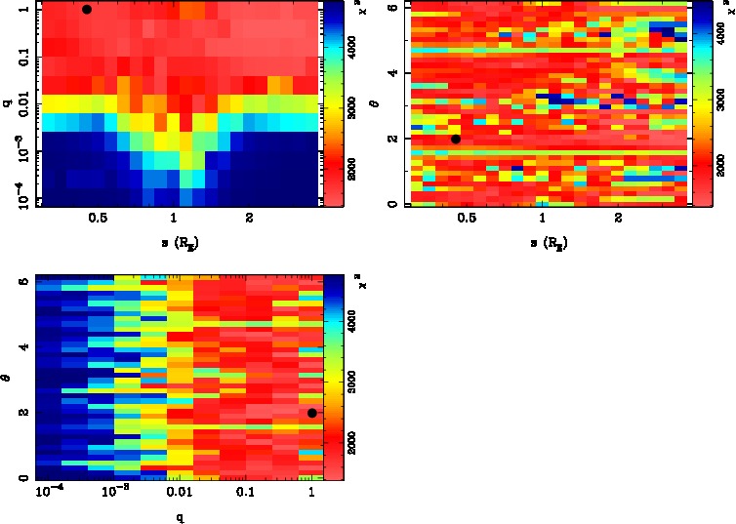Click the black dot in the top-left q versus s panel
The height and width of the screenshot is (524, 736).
(87, 10)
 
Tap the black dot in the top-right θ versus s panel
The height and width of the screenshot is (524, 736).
(456, 139)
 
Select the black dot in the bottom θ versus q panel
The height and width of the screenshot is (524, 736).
(311, 413)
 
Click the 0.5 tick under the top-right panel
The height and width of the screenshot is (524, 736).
(467, 221)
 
